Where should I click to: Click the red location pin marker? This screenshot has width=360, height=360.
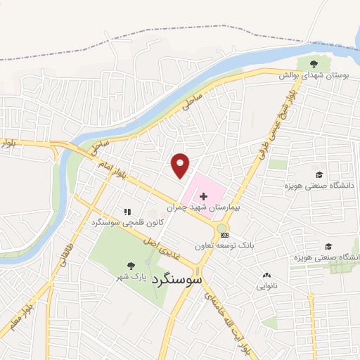[x=181, y=165]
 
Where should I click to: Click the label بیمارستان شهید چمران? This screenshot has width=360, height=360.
[x=204, y=208]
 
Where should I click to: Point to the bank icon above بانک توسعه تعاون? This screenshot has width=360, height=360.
[x=224, y=235]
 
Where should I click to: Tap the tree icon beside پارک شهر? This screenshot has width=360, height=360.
[x=131, y=265]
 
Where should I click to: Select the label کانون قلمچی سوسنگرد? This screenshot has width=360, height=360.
[x=127, y=222]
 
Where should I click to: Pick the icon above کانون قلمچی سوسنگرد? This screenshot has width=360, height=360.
[x=127, y=211]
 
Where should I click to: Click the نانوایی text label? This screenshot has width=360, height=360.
[x=267, y=286]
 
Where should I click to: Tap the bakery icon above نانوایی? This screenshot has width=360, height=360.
[x=266, y=275]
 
